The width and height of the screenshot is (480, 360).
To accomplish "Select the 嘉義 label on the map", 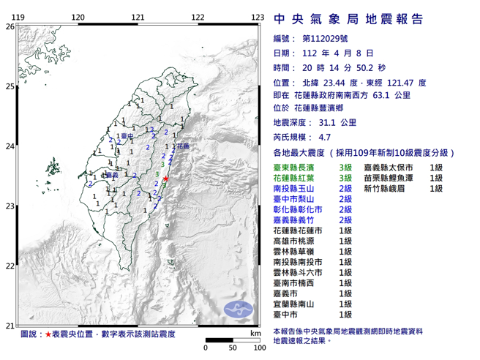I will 112,176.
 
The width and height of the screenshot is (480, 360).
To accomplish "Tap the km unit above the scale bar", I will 255,333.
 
